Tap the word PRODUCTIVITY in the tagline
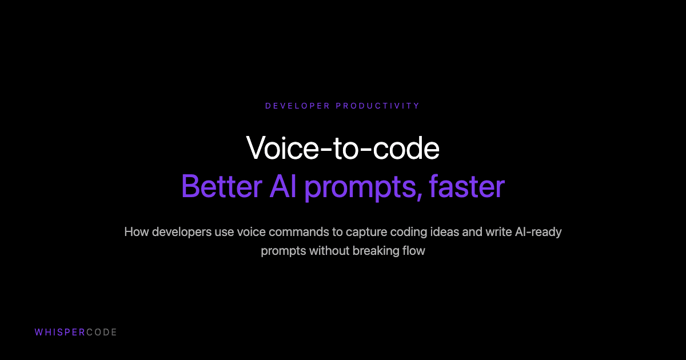click(378, 106)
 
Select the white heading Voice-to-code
click(343, 149)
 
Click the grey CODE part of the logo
click(101, 332)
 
